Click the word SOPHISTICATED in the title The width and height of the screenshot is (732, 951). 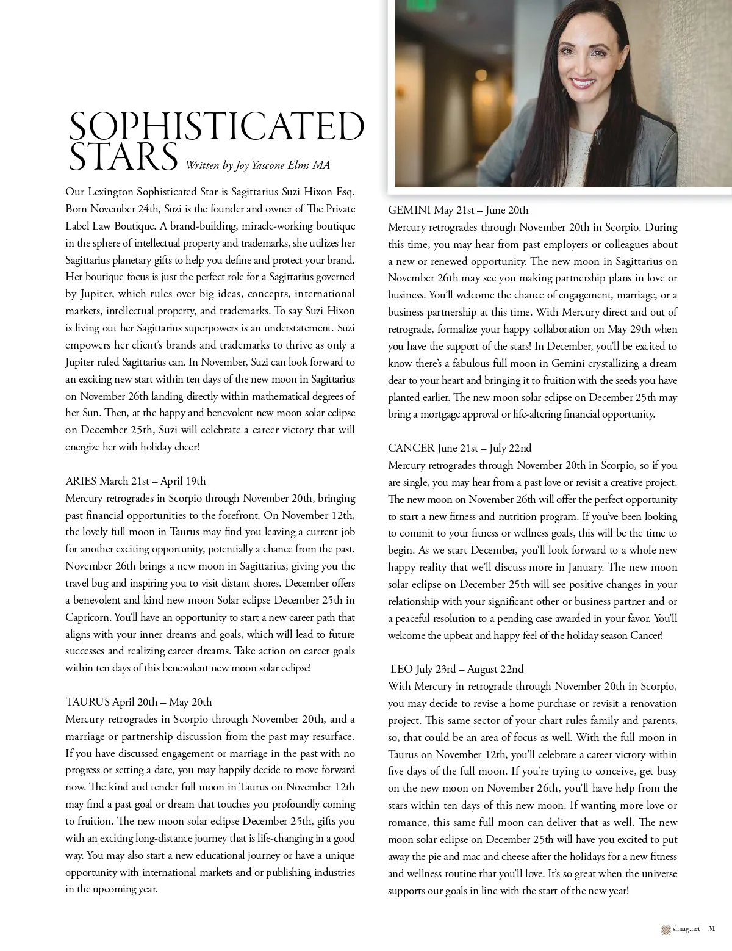(217, 127)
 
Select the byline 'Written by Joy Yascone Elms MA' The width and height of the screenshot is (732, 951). (257, 165)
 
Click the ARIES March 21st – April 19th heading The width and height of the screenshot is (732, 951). (135, 481)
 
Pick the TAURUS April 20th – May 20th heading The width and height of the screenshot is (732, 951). (138, 702)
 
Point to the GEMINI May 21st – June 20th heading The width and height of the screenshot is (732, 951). (458, 210)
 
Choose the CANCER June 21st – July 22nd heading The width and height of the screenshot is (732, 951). (459, 448)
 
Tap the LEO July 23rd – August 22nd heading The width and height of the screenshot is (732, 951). (456, 669)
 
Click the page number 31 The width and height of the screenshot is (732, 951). (711, 929)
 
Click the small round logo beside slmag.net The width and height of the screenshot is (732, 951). (666, 929)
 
